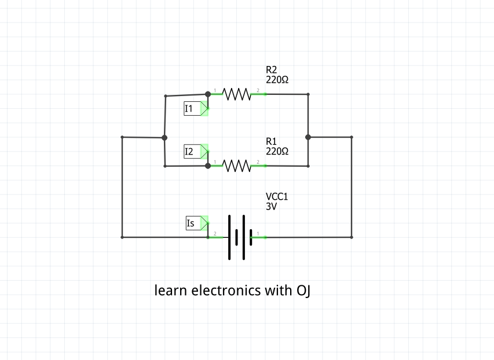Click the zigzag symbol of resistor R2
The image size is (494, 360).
[x=236, y=94]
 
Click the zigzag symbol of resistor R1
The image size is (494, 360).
[x=236, y=166]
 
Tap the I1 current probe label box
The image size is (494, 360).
[x=191, y=108]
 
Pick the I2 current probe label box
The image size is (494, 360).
[x=191, y=152]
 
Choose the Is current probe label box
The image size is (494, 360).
[x=192, y=223]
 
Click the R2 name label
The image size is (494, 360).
[x=272, y=70]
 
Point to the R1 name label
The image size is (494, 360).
[x=272, y=141]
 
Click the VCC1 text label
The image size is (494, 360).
[x=277, y=197]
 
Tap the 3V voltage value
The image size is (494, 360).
[x=271, y=206]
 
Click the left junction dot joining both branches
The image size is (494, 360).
[x=164, y=138]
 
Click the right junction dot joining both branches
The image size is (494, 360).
[x=308, y=137]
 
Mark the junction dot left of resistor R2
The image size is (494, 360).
[x=208, y=94]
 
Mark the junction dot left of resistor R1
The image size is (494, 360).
[x=208, y=166]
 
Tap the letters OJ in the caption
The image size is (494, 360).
[x=303, y=290]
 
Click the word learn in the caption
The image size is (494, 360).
[x=171, y=290]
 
